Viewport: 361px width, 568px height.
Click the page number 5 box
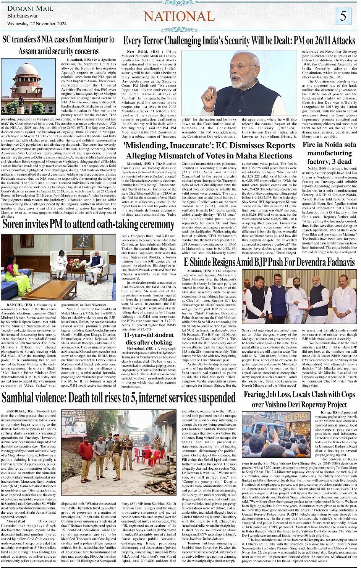343,16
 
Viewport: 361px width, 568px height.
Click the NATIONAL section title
179,16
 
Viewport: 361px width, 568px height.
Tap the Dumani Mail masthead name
30,8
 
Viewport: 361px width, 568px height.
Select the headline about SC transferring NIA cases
58,45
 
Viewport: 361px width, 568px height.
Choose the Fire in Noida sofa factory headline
329,153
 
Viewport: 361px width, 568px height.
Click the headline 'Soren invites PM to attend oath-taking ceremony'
88,224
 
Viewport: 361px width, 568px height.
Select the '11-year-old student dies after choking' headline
149,339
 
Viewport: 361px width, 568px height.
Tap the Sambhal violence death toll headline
118,398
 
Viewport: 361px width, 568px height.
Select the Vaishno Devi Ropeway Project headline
299,399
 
